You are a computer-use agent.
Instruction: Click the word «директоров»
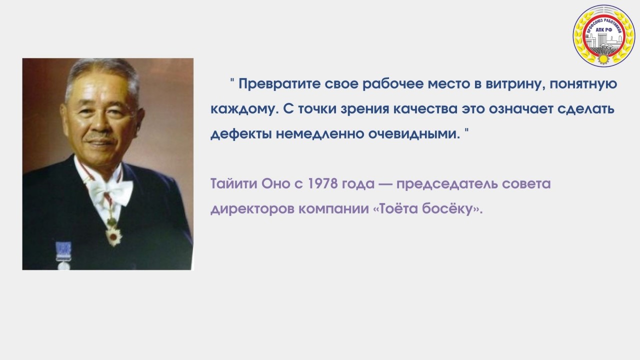click(x=252, y=209)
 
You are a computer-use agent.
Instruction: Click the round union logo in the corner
click(x=603, y=36)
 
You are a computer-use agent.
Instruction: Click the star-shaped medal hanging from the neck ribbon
click(x=113, y=236)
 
